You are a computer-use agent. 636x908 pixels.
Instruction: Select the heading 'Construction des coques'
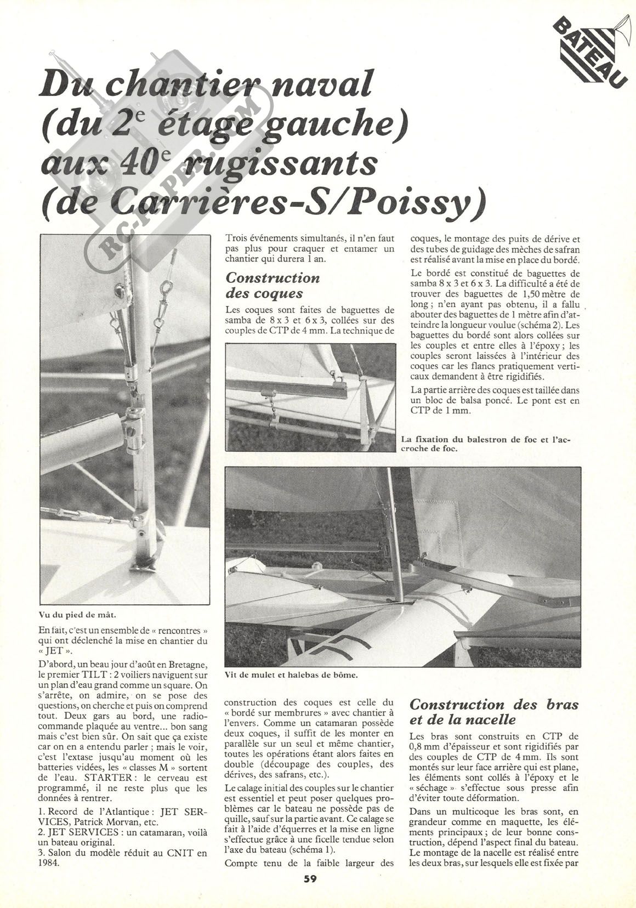(272, 285)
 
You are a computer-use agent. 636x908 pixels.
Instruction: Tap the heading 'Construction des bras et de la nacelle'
(493, 711)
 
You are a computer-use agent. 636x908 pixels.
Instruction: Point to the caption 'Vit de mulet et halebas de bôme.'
(291, 675)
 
